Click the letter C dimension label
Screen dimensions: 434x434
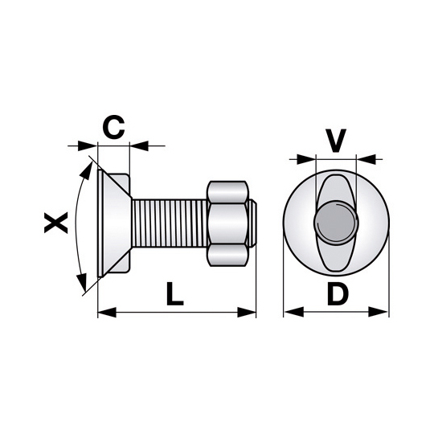pos(113,128)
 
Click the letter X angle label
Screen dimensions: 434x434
pos(56,223)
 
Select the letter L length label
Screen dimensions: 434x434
pos(175,293)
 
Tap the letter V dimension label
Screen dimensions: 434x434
pos(335,141)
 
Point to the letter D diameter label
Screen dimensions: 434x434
pos(338,293)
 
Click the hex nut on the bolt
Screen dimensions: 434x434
pos(227,223)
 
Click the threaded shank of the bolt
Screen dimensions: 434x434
pos(170,223)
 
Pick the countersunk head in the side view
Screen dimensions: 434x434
pos(114,223)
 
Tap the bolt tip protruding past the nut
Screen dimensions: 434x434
pos(252,223)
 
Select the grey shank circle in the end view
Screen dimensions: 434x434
pos(336,223)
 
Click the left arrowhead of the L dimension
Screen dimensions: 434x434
pos(107,313)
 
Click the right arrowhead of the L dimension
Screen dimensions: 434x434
pos(247,313)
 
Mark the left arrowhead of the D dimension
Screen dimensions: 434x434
pos(293,312)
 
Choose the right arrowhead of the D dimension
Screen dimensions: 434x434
pos(379,312)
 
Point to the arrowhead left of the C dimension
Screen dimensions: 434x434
pos(88,145)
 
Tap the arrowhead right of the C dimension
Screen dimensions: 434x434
pos(139,145)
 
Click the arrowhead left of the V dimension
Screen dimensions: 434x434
pos(306,159)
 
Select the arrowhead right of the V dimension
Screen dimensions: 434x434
pos(366,159)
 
